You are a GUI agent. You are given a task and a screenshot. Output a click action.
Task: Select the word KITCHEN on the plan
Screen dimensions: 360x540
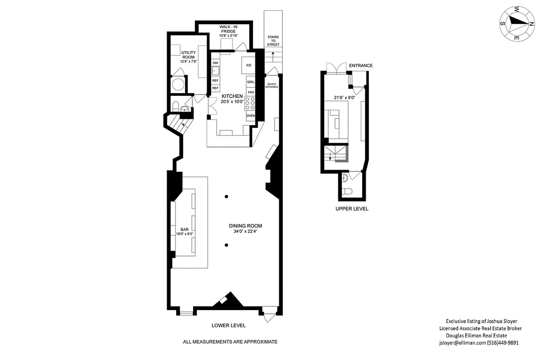coord(232,96)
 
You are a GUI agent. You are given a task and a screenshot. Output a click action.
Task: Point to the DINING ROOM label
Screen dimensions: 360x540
coord(245,226)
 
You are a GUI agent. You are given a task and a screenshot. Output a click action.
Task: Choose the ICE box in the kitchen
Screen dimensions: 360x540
coord(248,65)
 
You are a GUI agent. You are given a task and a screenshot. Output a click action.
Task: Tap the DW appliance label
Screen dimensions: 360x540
coord(215,63)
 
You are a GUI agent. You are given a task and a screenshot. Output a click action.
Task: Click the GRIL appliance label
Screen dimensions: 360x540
coord(251,82)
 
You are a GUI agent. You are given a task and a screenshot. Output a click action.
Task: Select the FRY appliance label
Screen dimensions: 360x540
coord(251,92)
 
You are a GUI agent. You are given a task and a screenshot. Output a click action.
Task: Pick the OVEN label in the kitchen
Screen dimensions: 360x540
coord(250,116)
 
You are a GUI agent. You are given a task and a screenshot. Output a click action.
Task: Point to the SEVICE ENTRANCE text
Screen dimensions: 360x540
coord(272,85)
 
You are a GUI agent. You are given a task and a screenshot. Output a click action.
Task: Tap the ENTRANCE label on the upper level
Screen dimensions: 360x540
coord(361,66)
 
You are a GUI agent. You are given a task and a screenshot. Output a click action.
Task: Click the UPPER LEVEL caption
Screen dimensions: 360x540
coord(352,209)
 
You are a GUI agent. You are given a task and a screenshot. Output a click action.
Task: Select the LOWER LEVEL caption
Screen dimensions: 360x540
coord(228,325)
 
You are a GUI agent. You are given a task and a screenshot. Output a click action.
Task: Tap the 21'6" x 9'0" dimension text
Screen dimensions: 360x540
coord(344,97)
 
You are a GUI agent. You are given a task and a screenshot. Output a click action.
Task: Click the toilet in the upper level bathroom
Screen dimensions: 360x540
coord(347,192)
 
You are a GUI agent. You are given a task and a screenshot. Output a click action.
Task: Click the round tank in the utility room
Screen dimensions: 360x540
coord(179,85)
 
